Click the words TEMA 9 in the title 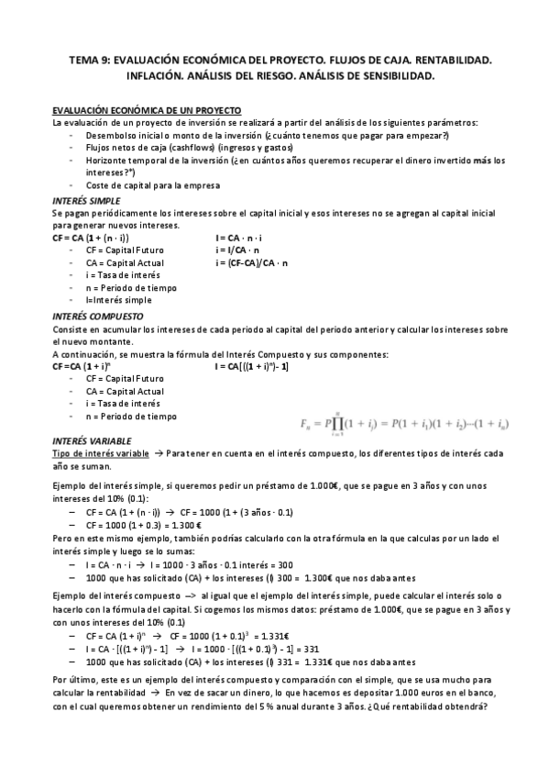tap(90, 60)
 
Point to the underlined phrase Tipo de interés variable tap(100, 453)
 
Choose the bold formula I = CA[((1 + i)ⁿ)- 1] tap(252, 365)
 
